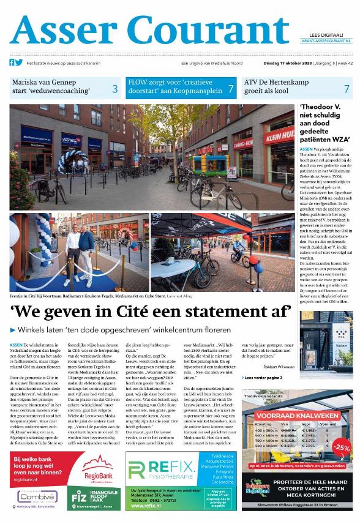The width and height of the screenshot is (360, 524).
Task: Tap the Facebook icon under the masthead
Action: coord(11,62)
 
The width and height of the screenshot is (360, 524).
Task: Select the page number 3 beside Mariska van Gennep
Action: coord(114,89)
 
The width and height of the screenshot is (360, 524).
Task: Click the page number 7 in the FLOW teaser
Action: coord(230,89)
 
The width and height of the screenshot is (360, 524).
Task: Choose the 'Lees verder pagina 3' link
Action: coord(264,378)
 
